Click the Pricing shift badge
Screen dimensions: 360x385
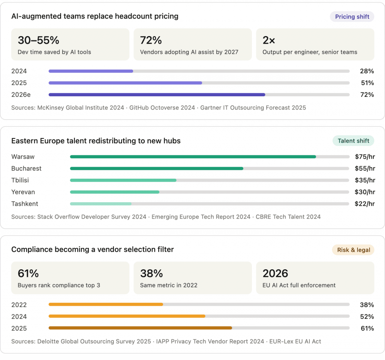point(352,17)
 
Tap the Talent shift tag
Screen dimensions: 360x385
point(353,141)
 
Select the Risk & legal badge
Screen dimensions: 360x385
point(353,250)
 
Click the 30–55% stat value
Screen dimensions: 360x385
point(38,40)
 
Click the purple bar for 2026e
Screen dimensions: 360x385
point(157,95)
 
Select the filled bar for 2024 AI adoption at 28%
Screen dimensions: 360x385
point(91,71)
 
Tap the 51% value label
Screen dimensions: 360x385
point(367,83)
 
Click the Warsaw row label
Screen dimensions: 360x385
point(23,157)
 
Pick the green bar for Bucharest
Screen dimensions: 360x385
point(156,169)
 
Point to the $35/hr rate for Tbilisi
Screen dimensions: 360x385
point(365,180)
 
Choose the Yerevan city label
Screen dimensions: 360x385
point(23,192)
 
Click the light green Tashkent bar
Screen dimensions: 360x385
point(100,204)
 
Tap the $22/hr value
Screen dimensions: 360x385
point(365,204)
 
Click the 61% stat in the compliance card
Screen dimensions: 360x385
point(28,273)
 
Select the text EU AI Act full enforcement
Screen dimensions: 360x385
point(299,285)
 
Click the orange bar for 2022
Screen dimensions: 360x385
point(106,305)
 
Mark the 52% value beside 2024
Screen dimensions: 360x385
point(367,316)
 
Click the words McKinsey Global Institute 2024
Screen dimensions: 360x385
point(80,108)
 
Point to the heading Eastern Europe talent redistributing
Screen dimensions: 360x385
point(96,141)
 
